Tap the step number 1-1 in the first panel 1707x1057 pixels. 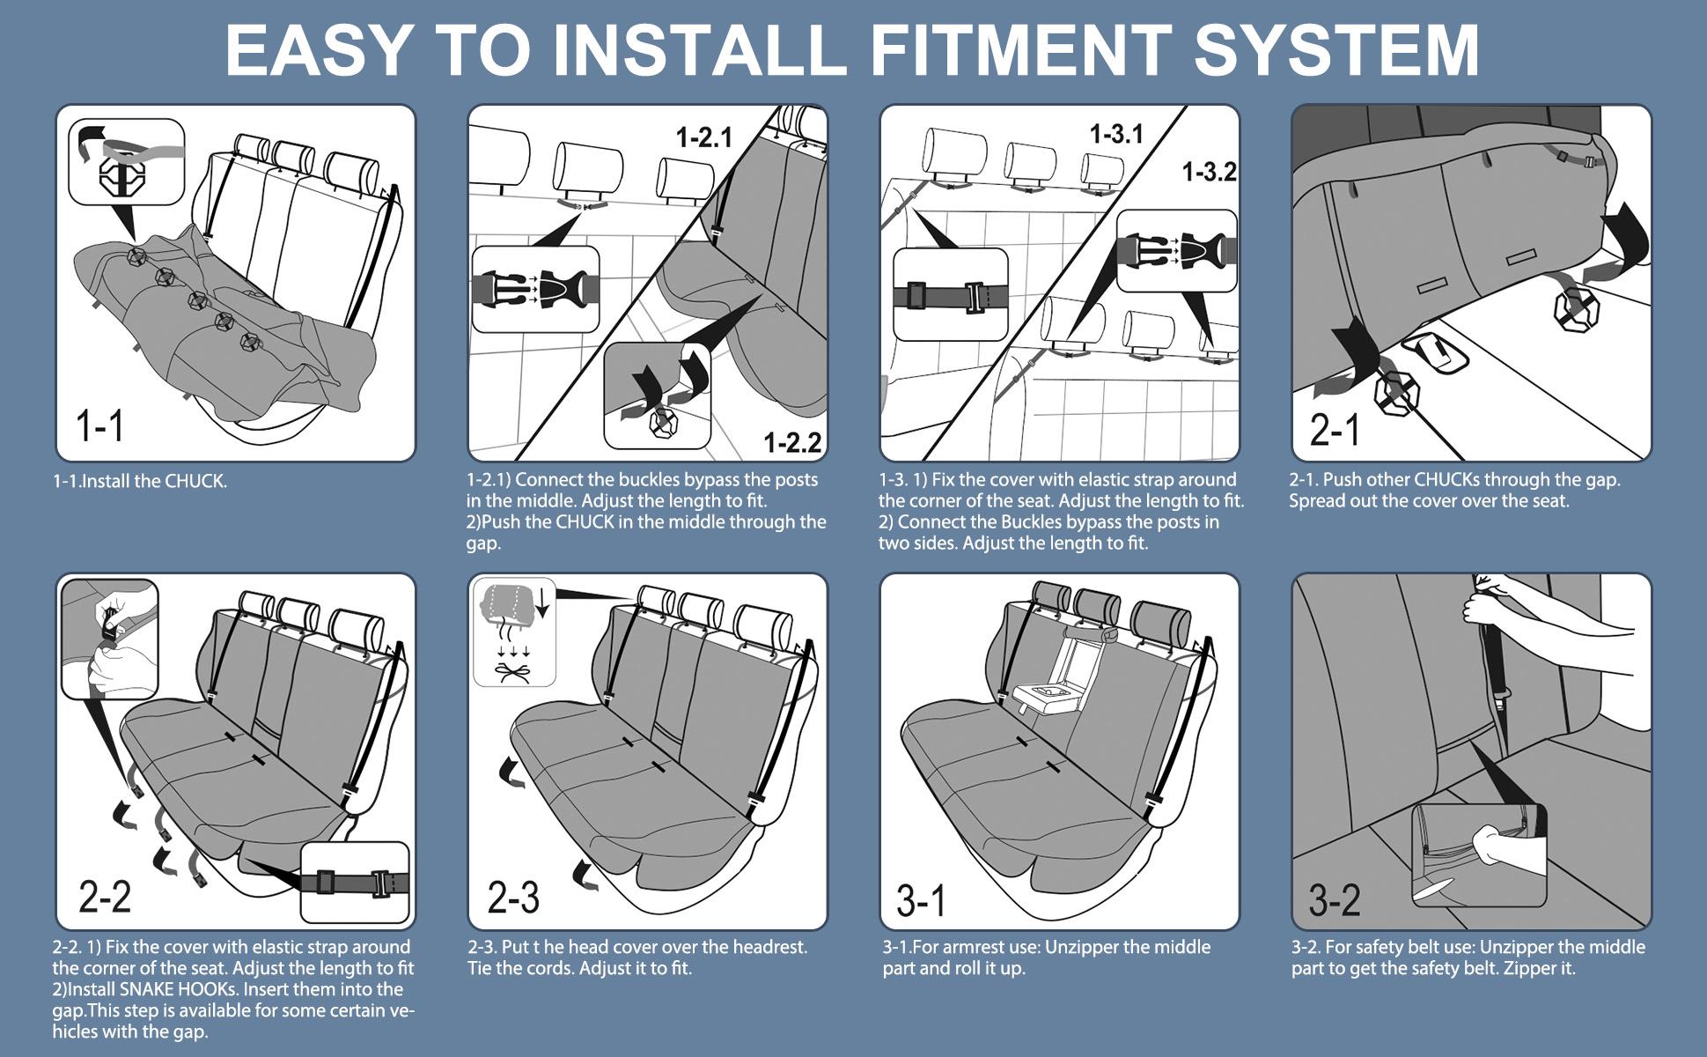tap(99, 425)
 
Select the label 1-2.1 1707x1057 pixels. tap(703, 137)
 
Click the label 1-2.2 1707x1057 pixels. tap(791, 442)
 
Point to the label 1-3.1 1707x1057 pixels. tap(1116, 134)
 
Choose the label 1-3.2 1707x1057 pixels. tap(1208, 172)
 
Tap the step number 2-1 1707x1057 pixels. tap(1335, 430)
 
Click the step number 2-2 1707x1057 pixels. tap(104, 897)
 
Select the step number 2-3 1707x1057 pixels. tap(513, 897)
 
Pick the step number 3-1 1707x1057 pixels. tap(921, 900)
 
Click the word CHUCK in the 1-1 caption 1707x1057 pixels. tap(194, 482)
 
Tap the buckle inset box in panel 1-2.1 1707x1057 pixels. tap(535, 289)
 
